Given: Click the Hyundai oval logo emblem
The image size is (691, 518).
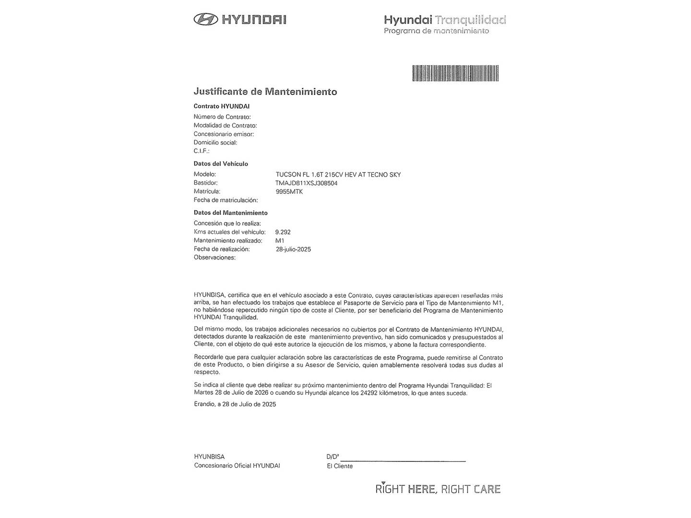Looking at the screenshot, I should [205, 19].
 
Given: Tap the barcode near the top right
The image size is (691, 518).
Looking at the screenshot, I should [455, 73].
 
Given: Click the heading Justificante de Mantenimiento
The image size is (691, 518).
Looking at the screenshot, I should [265, 92].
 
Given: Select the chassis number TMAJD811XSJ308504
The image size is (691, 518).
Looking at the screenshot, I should [306, 183].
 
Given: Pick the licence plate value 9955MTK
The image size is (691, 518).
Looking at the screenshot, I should [289, 192].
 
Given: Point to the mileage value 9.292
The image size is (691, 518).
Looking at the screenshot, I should [283, 232].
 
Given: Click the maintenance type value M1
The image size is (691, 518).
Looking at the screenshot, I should [279, 241].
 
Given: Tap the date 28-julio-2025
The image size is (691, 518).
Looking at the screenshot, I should [293, 249].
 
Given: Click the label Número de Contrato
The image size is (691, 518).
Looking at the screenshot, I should [222, 117].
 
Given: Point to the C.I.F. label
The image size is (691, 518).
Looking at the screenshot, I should [202, 151].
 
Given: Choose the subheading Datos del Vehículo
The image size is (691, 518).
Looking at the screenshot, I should [221, 164].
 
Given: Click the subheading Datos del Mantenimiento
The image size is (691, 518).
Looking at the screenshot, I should [230, 213].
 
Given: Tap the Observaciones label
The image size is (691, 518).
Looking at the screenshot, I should [214, 258].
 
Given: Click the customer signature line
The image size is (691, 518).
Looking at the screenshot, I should [403, 460].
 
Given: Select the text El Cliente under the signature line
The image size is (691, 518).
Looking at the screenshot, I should [340, 466].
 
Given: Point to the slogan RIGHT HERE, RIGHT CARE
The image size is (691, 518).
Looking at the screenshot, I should [438, 489].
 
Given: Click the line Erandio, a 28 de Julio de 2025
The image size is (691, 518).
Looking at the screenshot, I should [235, 404].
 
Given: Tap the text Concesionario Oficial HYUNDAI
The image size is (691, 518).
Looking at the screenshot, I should [237, 466].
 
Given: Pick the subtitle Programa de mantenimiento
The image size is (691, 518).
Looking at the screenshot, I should [436, 31].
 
